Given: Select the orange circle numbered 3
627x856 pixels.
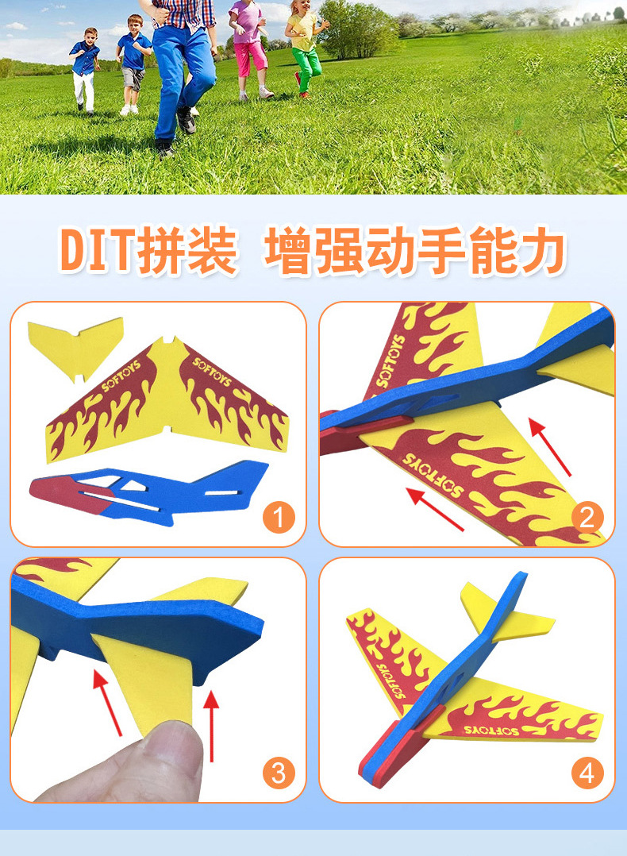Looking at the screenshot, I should click(278, 772).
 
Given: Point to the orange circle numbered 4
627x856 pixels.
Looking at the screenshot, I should click(587, 772).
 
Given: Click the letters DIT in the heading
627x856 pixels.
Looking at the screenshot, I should click(98, 252).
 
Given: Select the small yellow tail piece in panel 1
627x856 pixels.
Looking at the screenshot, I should click(75, 347).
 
